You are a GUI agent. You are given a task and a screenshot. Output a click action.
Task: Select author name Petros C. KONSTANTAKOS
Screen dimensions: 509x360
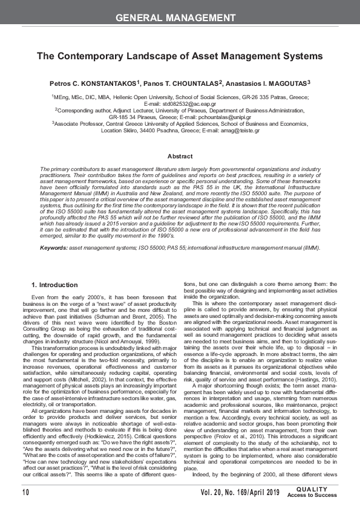coord(100,82)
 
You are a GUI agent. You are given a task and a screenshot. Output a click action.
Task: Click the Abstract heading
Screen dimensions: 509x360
coord(180,156)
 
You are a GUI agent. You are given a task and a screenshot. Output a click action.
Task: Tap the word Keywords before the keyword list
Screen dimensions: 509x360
coord(53,248)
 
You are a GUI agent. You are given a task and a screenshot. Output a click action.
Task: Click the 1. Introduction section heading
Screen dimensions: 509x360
coord(54,285)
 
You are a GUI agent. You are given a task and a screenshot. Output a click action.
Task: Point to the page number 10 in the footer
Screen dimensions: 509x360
coord(26,493)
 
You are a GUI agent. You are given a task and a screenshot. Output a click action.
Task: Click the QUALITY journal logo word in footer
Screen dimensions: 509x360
coord(312,490)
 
